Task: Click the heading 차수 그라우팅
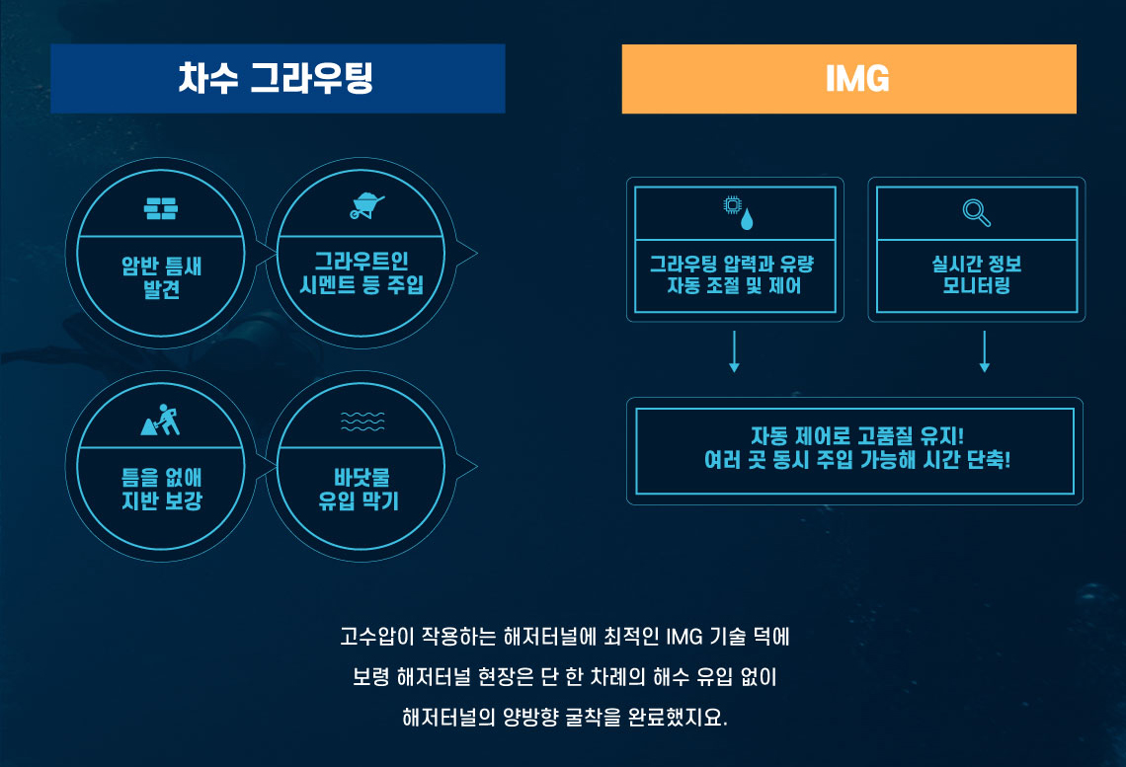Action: click(276, 78)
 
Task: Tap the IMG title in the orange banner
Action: click(857, 79)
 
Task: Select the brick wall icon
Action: click(161, 208)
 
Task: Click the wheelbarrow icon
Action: click(367, 206)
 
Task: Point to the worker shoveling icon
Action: click(161, 420)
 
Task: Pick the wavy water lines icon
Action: click(362, 422)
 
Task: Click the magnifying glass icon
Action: click(977, 212)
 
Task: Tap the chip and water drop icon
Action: click(738, 212)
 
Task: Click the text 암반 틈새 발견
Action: click(162, 277)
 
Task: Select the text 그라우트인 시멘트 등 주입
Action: click(362, 272)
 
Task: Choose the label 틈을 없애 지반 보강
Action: click(162, 489)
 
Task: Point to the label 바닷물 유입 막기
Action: click(359, 489)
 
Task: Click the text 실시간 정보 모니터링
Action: click(977, 274)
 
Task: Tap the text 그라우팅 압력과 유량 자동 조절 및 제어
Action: click(732, 274)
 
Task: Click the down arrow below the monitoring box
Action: click(985, 351)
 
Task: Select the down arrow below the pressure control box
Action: click(734, 351)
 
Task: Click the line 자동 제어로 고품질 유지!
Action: click(857, 435)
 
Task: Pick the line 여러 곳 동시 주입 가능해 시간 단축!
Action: click(857, 459)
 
